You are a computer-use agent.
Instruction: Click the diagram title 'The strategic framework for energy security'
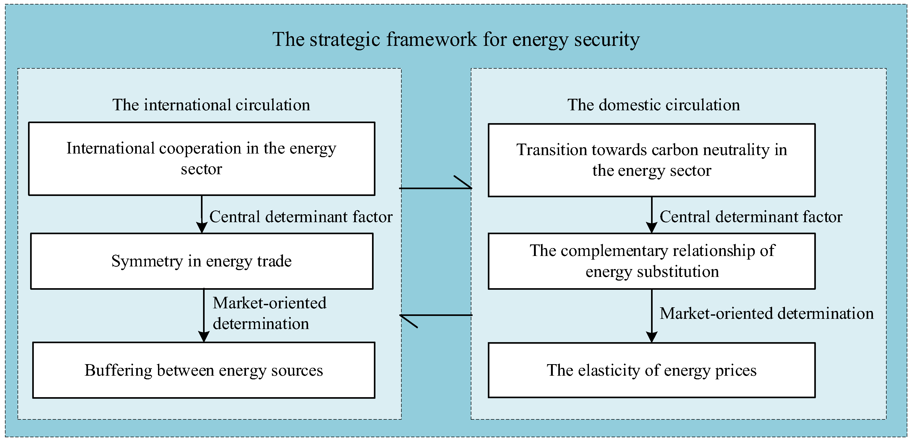pos(456,39)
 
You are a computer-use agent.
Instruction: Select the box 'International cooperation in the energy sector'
pos(201,159)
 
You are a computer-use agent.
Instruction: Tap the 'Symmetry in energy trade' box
pos(201,261)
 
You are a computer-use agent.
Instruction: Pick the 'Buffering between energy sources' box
pos(204,370)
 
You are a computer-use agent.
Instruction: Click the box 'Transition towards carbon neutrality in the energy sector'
pos(651,160)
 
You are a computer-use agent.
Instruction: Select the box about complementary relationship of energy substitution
pos(651,261)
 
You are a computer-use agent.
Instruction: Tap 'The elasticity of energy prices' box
pos(651,370)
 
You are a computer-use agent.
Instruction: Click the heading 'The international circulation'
pos(211,105)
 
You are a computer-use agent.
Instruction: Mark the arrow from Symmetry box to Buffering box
pos(204,315)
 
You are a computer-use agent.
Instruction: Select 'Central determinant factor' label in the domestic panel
pos(751,217)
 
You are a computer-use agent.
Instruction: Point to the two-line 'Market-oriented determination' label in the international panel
pos(269,313)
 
